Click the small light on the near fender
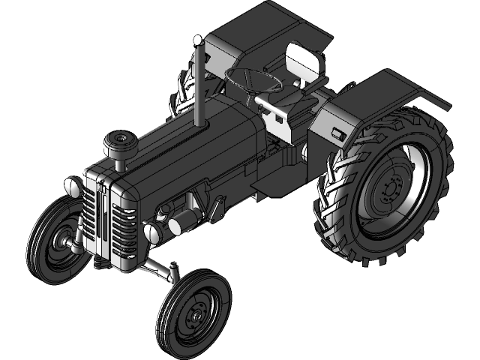(337, 134)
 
